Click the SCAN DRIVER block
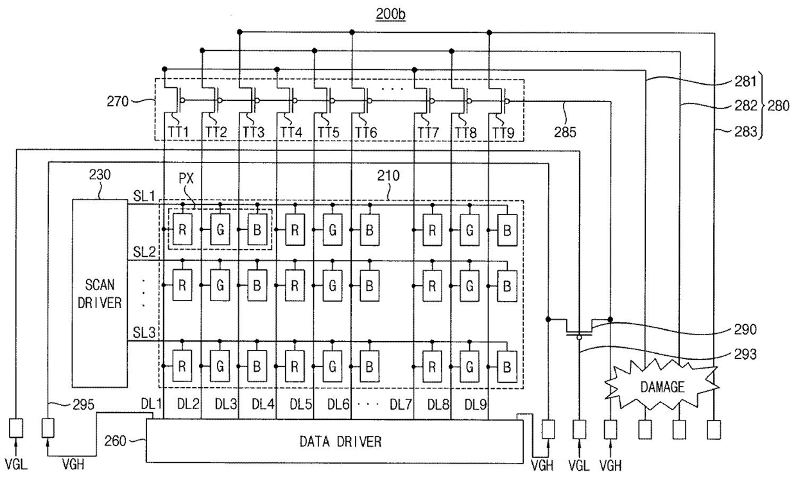pos(100,293)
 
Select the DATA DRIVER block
pos(334,441)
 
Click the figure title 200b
pos(390,14)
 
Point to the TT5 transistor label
pos(328,132)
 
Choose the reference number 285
pos(565,132)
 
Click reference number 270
pos(117,101)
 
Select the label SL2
pos(144,252)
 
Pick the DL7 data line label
pos(401,404)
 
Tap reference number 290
pos(745,329)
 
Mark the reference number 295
pos(83,405)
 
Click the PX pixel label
pos(186,178)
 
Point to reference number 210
pos(388,175)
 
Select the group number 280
pos(778,105)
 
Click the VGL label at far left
pos(16,464)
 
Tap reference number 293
pos(745,354)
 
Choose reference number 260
pos(115,441)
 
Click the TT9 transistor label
pos(503,133)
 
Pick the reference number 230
pos(100,175)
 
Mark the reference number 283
pos(745,132)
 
